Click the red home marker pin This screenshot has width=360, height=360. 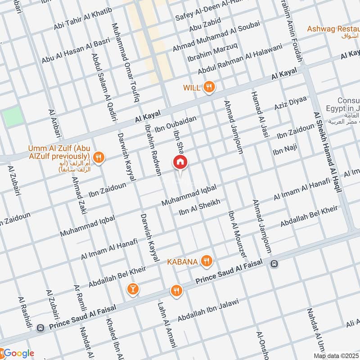(180, 162)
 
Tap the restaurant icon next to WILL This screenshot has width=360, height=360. (208, 87)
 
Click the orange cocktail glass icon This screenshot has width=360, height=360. (132, 288)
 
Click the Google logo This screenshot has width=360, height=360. (18, 353)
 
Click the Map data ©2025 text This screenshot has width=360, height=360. (336, 355)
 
